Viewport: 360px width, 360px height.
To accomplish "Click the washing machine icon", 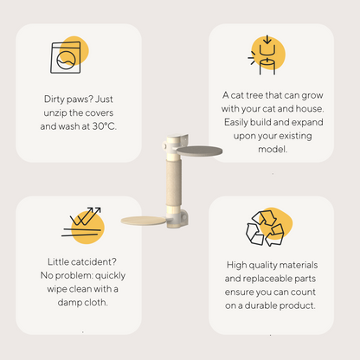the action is (x=66, y=57).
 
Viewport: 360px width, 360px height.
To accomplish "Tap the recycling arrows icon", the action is (x=265, y=228).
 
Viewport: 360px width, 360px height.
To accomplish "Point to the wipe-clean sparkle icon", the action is (x=82, y=222).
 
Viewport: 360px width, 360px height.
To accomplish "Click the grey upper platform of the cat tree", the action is (x=199, y=151).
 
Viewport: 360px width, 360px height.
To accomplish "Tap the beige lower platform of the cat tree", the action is (x=144, y=221).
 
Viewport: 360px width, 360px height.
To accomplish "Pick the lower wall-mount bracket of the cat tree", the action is (x=178, y=218).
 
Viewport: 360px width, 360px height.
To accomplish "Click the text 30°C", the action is (x=105, y=126).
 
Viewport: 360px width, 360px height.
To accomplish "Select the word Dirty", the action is (x=54, y=100).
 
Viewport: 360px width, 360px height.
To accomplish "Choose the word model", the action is (x=273, y=150).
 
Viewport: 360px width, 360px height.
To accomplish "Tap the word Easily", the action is (x=235, y=122).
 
